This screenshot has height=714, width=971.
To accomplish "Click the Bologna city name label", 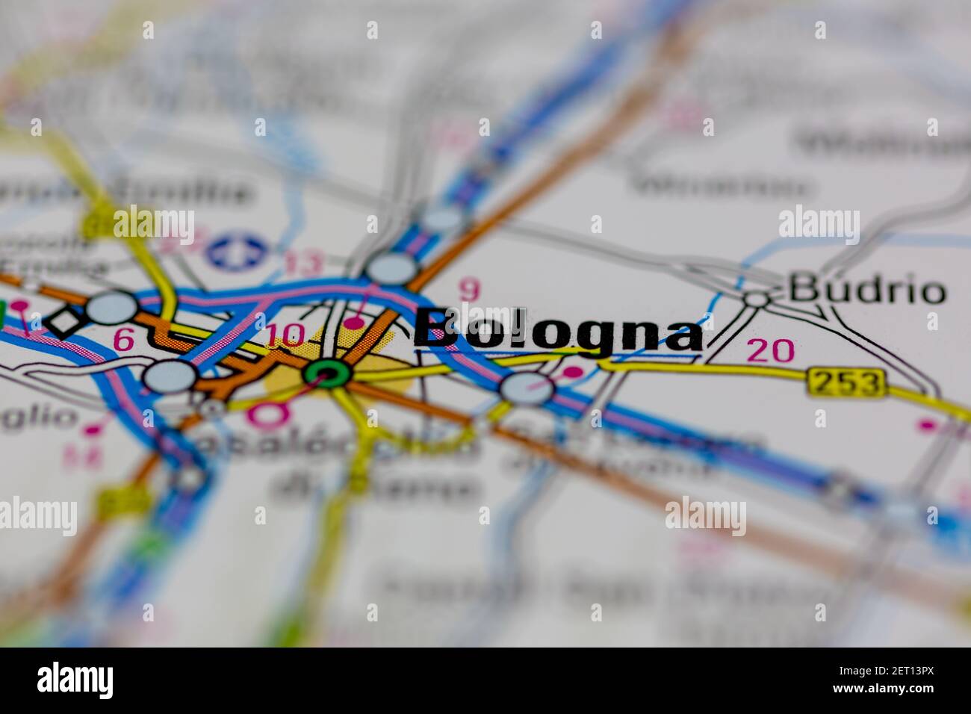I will pos(559,332).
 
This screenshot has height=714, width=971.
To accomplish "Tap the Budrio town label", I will pos(867,290).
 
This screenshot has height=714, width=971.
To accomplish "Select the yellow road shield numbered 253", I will pos(846,383).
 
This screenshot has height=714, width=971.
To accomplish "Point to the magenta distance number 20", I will pos(771,350).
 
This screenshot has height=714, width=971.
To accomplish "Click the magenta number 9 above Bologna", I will pos(468,291).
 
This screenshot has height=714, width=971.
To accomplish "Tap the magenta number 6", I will pos(123,340).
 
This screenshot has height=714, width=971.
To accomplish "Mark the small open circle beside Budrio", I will pos(756,299).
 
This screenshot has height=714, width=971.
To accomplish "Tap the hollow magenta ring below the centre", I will pos(268,413).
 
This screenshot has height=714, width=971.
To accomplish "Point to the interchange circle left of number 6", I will pos(112,307).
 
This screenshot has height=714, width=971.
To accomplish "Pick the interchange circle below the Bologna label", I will pos(527,388).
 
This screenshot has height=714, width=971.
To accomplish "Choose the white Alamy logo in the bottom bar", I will pos(75,680).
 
